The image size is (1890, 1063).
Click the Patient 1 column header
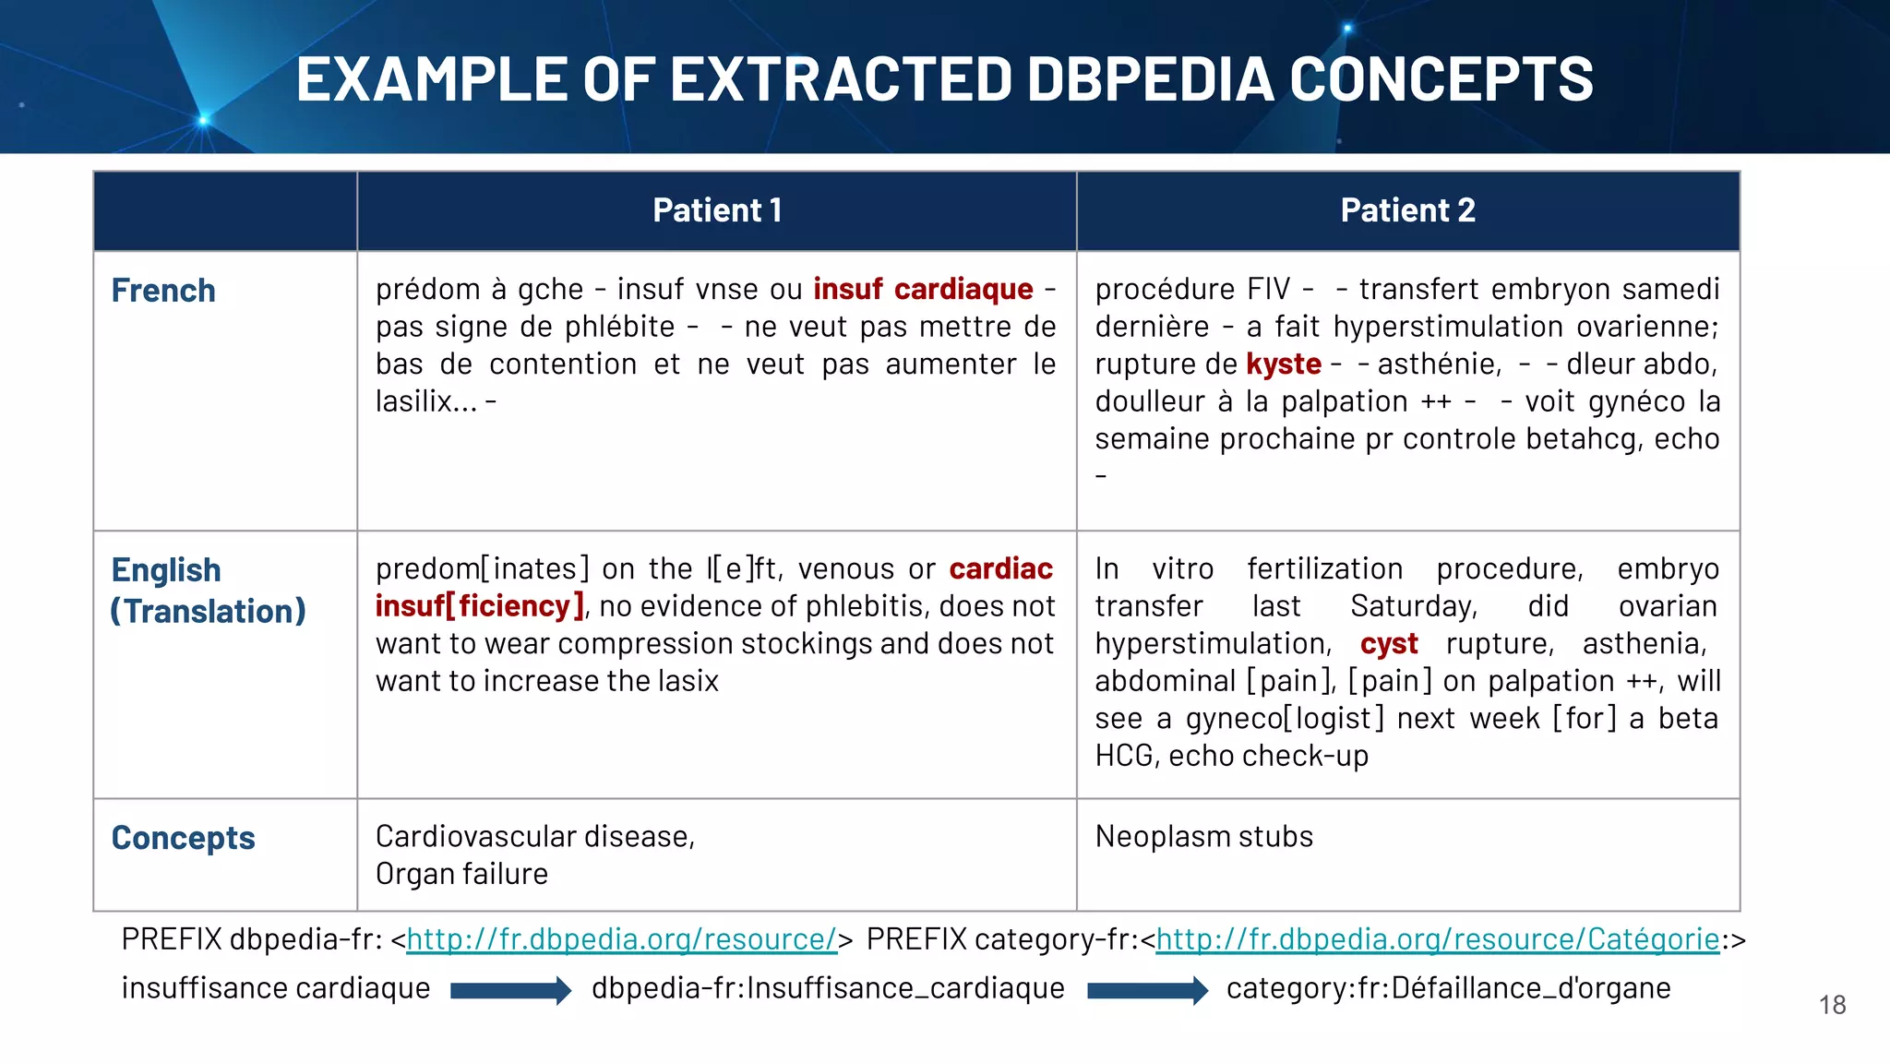tap(717, 210)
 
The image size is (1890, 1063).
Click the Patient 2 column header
tap(1407, 210)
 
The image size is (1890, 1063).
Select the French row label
tap(163, 291)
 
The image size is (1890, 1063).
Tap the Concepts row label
tap(183, 838)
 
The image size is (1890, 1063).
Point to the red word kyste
tap(1283, 364)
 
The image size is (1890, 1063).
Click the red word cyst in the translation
tap(1388, 644)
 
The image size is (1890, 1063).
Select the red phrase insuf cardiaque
tap(923, 289)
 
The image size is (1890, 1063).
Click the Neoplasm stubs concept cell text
tap(1203, 837)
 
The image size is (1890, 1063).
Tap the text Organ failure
tap(461, 874)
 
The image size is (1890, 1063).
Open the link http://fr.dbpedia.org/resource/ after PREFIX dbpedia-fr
tap(621, 939)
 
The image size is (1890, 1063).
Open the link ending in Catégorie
tap(1437, 939)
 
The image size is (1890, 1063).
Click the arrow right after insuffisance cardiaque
tap(510, 990)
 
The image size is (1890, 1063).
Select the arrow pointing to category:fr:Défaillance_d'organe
tap(1147, 990)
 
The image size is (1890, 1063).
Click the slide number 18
tap(1832, 1005)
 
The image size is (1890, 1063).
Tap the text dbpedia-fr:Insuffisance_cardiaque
tap(828, 988)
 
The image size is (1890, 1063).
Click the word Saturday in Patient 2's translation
tap(1412, 606)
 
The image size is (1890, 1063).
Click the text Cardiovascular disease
tap(534, 837)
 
